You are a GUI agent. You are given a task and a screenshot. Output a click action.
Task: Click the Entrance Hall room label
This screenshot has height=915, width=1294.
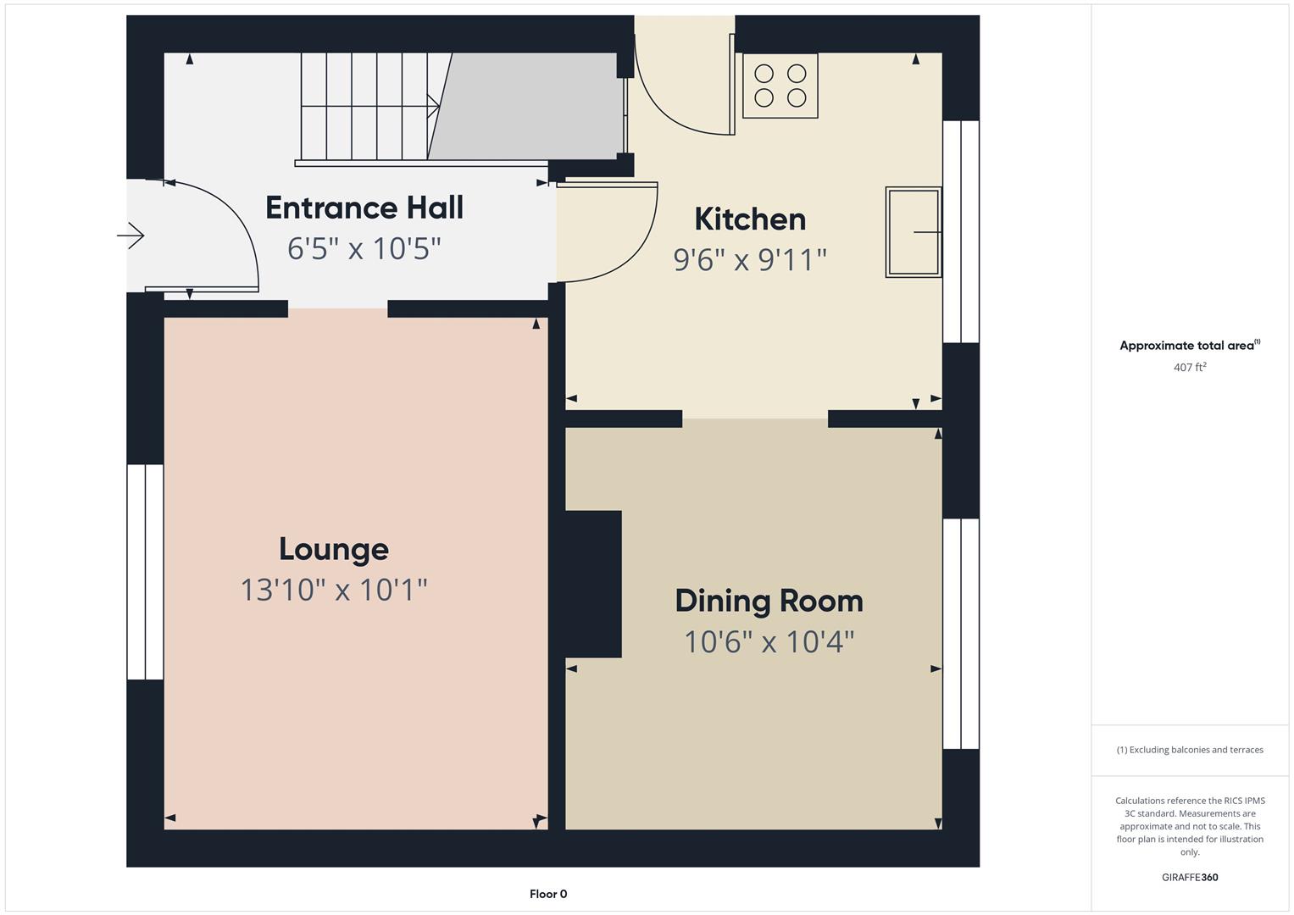point(364,208)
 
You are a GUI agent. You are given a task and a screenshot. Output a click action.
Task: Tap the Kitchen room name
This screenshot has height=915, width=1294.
point(750,219)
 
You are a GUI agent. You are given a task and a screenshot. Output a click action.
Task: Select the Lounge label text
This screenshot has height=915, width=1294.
point(334,549)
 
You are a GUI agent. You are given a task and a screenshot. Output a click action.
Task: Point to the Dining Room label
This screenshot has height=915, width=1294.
point(769,601)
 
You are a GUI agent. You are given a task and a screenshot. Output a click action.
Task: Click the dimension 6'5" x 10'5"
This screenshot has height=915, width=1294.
point(364,248)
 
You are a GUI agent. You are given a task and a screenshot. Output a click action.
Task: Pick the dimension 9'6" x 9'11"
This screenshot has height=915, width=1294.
point(750,259)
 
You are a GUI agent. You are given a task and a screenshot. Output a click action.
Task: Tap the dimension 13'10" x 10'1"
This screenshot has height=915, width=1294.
point(334,590)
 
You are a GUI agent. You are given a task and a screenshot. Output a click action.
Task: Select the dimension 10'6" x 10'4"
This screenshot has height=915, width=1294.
point(769,641)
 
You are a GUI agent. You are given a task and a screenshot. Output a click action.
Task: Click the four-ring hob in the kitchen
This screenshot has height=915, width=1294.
point(780,86)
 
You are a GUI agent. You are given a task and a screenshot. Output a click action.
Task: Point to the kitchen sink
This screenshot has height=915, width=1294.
point(914,231)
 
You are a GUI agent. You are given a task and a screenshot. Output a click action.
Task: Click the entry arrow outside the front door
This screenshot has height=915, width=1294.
point(131,236)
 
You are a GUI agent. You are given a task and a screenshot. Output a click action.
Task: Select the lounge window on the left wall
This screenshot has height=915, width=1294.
point(145,572)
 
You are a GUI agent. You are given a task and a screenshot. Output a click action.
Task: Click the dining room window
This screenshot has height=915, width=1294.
point(961,634)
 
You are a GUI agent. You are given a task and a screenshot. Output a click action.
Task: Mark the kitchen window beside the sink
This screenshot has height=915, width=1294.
point(961,231)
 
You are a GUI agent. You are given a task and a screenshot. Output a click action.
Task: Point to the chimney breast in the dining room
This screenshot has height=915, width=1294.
point(592,584)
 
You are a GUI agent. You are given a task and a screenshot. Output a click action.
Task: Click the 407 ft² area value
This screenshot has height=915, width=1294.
point(1190,367)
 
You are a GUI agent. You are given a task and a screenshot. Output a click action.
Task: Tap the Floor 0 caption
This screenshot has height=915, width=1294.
point(548,894)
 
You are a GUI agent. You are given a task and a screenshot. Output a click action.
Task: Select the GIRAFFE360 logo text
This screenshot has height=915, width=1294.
point(1190,877)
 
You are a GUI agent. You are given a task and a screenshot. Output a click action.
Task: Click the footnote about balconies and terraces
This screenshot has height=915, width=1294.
point(1190,750)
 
